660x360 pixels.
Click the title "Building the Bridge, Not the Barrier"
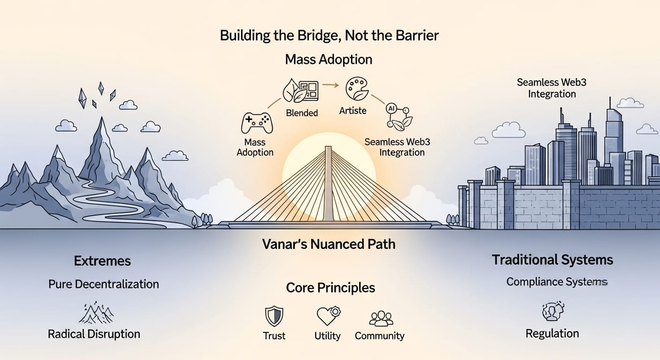(x=329, y=36)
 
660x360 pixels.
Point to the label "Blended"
(x=302, y=112)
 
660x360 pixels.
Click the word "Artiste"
(x=353, y=111)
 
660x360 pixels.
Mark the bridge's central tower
(x=328, y=183)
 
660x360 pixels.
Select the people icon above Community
(x=381, y=318)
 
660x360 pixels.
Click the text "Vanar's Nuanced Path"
(x=329, y=244)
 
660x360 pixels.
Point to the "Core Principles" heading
(x=330, y=287)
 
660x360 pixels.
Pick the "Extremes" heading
(x=102, y=261)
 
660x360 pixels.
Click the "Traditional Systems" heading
(x=552, y=260)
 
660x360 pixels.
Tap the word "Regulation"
(x=552, y=334)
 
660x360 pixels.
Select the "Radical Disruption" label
(x=94, y=334)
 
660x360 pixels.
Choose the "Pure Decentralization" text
(x=104, y=284)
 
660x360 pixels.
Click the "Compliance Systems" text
(x=557, y=282)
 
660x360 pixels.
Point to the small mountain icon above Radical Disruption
(x=96, y=313)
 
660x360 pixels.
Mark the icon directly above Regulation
(x=553, y=311)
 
